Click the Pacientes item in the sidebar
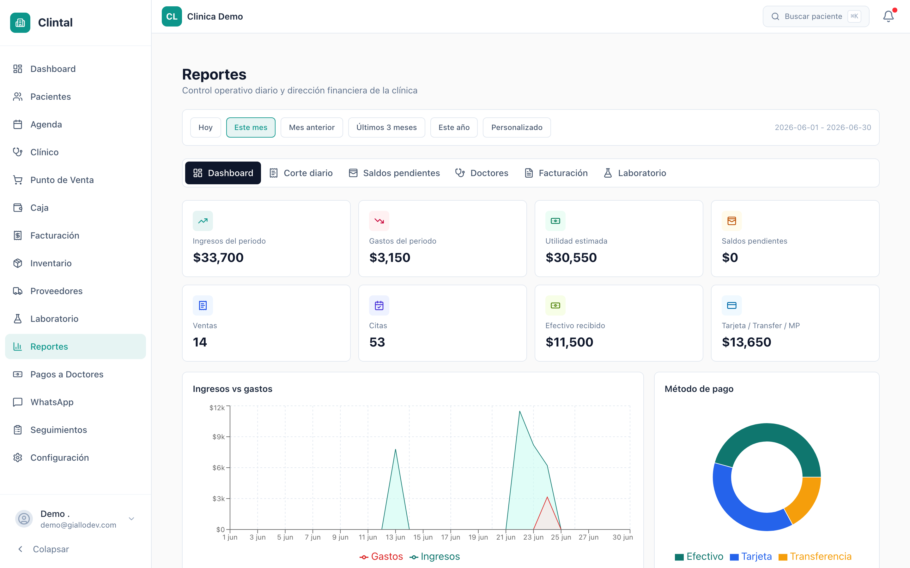[x=50, y=97]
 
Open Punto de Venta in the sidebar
[x=62, y=180]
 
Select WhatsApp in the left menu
[x=52, y=402]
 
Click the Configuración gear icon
[x=18, y=458]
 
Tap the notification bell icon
[x=888, y=16]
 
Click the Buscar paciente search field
[x=816, y=16]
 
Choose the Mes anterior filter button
[x=312, y=127]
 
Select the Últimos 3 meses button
[x=386, y=127]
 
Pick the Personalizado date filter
[x=517, y=127]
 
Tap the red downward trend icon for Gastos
[x=379, y=221]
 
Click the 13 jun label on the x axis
[x=396, y=537]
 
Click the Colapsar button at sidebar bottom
[x=44, y=549]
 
